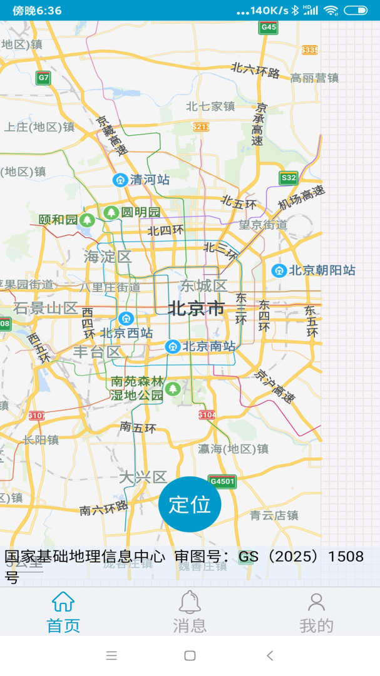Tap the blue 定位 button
(190, 504)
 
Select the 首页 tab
(63, 612)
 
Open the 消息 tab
(190, 612)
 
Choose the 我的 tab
(316, 612)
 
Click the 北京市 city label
(196, 309)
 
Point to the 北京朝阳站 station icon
(279, 271)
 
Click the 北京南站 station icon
(173, 346)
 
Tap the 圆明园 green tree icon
(111, 212)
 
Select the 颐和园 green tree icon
(87, 220)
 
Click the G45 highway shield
(268, 28)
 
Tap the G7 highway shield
(43, 78)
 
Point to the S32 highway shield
(288, 178)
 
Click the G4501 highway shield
(222, 481)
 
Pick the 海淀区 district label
(108, 257)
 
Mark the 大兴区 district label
(143, 478)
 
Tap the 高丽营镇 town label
(314, 78)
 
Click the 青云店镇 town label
(274, 515)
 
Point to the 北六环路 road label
(255, 70)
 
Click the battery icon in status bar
(355, 10)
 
